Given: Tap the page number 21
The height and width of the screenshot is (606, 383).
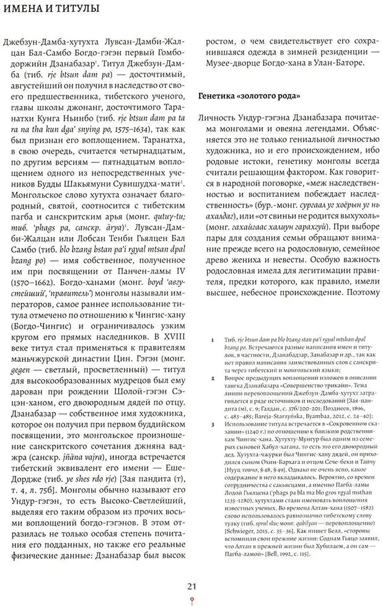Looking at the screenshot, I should (192, 586).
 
